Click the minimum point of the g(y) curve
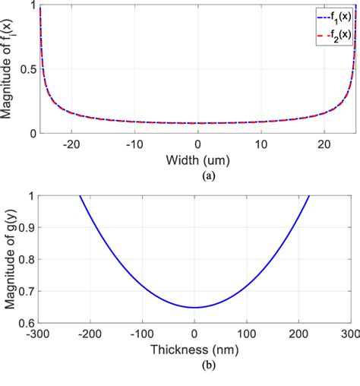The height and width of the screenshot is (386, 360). (x=195, y=308)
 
